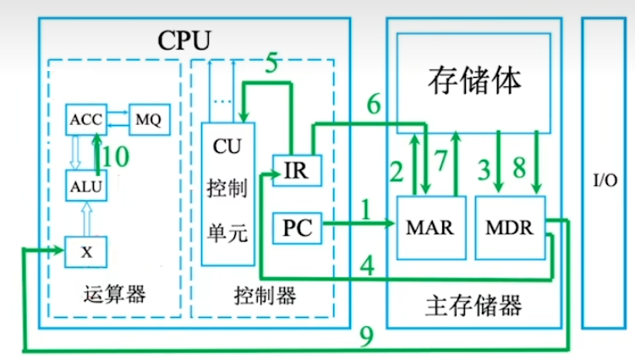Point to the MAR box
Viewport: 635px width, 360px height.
[430, 226]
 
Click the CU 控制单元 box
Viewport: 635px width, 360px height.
[226, 191]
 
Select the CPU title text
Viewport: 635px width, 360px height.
[184, 40]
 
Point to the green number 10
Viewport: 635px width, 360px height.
[119, 156]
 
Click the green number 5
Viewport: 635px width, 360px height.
[271, 63]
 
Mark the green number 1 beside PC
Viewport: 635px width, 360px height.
[365, 209]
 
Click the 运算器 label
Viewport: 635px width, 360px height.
[116, 295]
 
